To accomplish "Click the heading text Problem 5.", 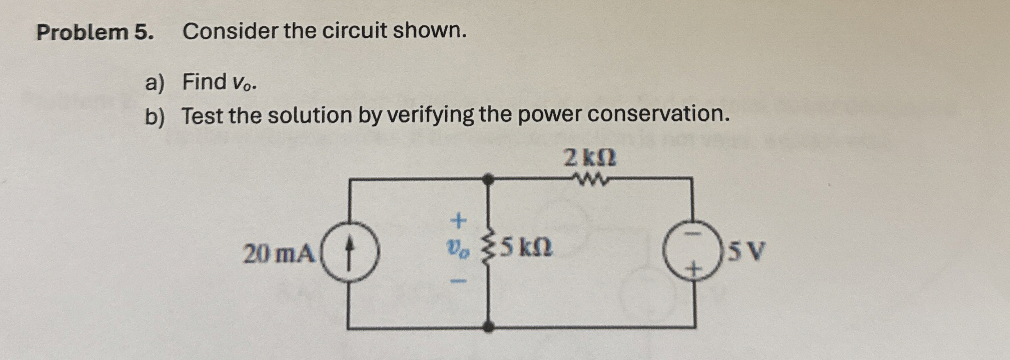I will (95, 32).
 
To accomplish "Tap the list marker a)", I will (155, 83).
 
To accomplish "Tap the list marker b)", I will (155, 117).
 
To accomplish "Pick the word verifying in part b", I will (430, 115).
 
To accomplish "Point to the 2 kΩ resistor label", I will (589, 158).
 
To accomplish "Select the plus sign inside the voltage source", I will (692, 269).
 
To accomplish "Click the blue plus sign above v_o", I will (459, 221).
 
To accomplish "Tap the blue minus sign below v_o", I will (459, 281).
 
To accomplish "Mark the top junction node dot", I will (487, 179).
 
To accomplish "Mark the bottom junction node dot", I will (488, 327).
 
